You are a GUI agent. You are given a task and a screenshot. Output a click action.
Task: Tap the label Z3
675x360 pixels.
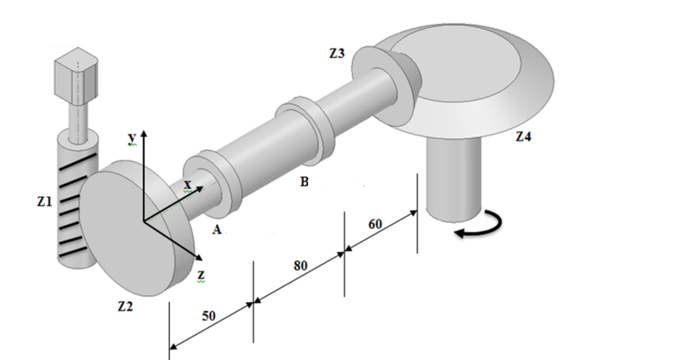pos(337,54)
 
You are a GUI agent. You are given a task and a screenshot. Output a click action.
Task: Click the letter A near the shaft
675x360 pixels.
pos(217,231)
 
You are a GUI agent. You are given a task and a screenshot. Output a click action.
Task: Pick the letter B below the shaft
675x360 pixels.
pos(304,183)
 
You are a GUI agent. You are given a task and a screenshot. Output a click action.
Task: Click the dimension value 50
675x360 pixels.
pos(209,316)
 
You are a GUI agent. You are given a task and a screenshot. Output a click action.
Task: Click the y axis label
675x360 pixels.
pos(131,139)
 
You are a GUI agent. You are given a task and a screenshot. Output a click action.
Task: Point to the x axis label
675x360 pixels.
pos(186,185)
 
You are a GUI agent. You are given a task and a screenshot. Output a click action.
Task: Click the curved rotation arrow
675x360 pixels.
pos(478,228)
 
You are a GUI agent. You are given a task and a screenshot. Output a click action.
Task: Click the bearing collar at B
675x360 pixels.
pos(300,132)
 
